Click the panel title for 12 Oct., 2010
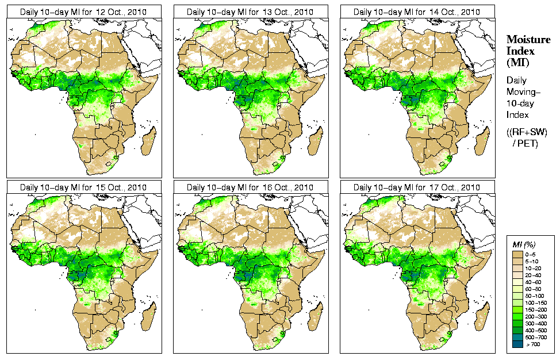[x=83, y=12]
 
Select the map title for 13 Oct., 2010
[x=250, y=12]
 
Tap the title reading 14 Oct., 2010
[x=417, y=12]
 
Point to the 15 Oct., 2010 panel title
[x=83, y=187]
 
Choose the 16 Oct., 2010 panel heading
[x=250, y=187]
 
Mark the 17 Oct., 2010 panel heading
[x=417, y=187]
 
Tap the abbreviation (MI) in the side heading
[x=517, y=62]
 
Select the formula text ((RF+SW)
[x=527, y=132]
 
